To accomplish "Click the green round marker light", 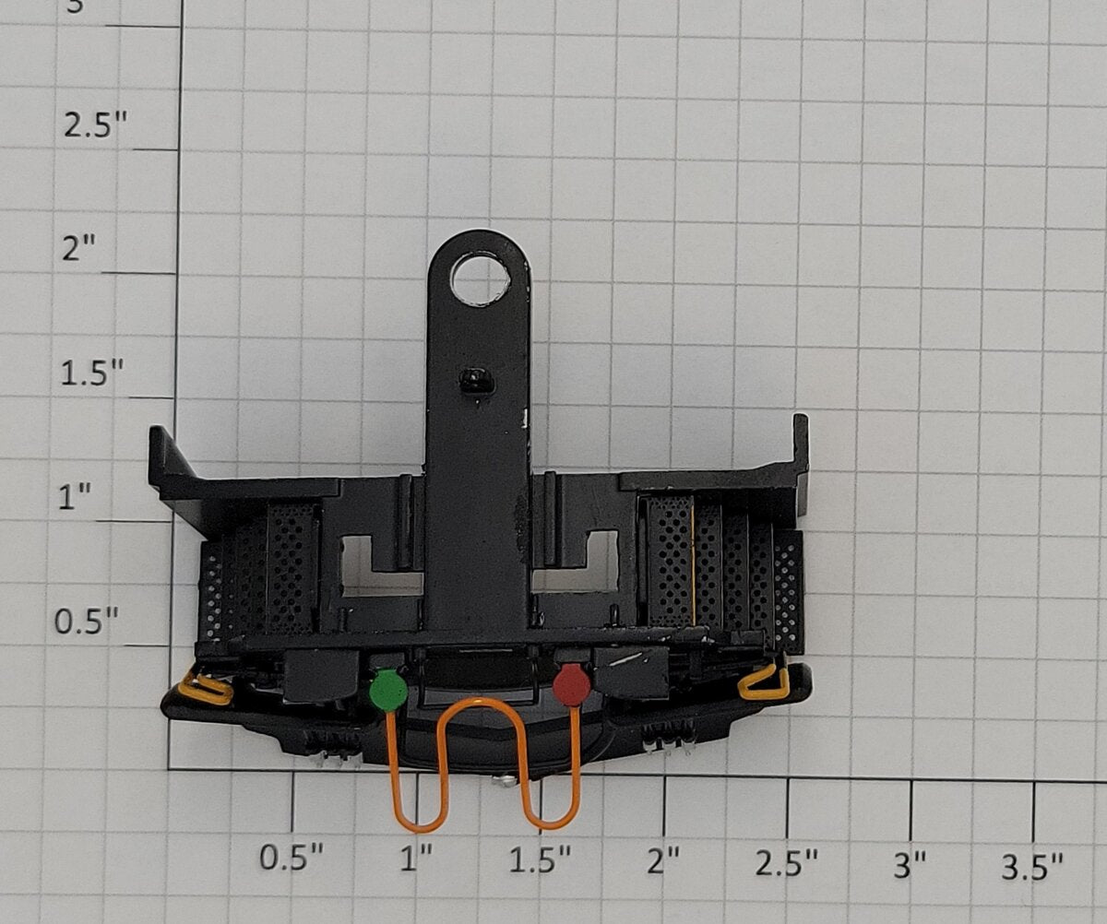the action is pos(388,689).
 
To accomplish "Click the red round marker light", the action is pos(571,685).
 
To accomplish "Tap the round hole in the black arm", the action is pos(481,279).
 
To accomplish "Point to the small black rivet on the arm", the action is pos(477,380).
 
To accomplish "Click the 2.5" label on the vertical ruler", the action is pos(95,125).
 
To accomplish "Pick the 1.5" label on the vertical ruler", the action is pos(91,373).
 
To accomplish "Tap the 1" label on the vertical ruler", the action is pos(74,497).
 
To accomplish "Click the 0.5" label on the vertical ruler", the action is pos(87,621).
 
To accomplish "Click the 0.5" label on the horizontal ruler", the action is pos(292,858).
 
